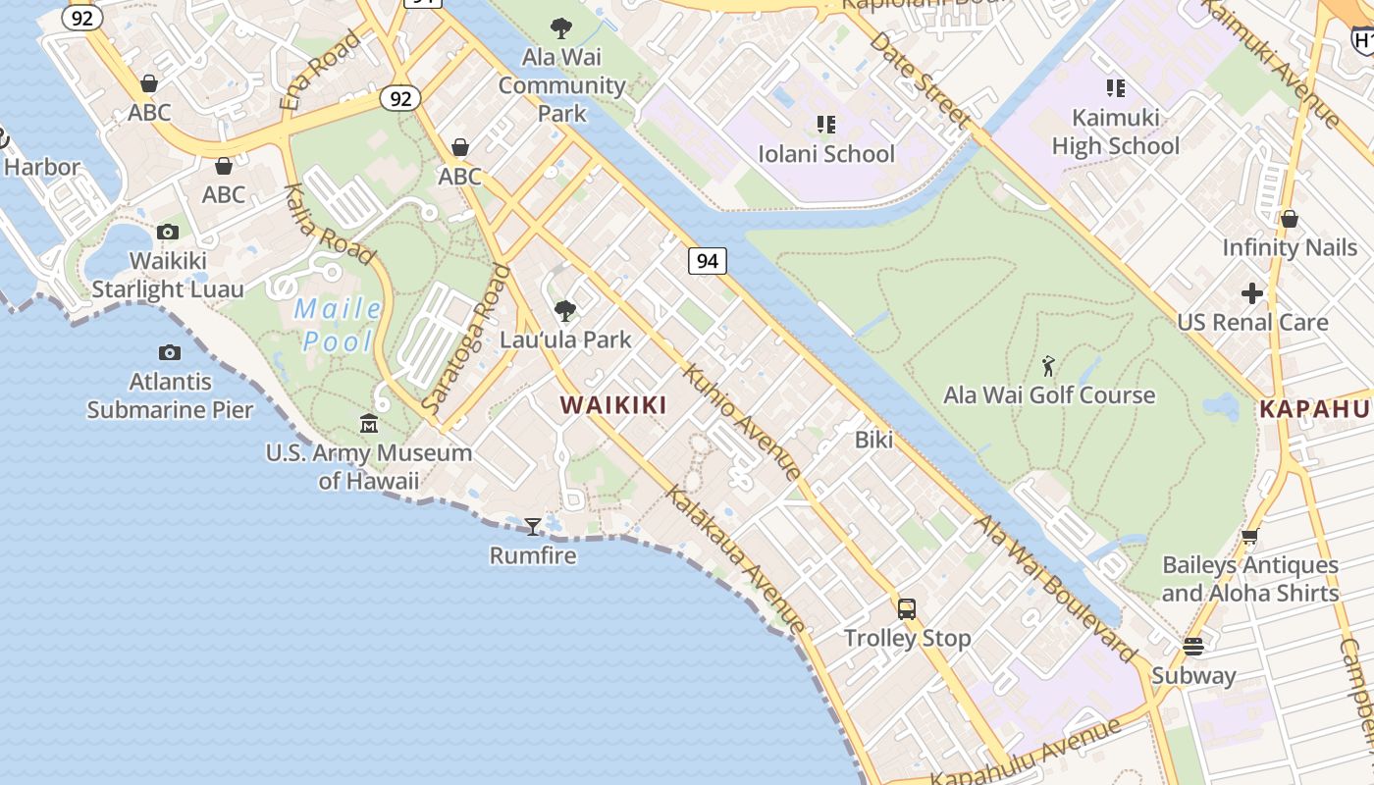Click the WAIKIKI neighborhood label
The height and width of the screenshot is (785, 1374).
pyautogui.click(x=613, y=405)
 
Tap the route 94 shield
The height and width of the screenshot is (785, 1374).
pyautogui.click(x=707, y=260)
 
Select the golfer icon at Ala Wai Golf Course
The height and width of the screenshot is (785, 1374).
pyautogui.click(x=1048, y=367)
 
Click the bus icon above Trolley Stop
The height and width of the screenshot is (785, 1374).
pyautogui.click(x=907, y=608)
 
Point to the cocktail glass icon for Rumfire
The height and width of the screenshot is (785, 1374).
pyautogui.click(x=532, y=527)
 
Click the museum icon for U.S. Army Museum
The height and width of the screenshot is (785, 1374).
pyautogui.click(x=369, y=424)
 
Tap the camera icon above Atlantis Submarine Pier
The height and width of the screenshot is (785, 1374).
pyautogui.click(x=169, y=352)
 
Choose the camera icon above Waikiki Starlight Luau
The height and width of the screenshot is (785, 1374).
pyautogui.click(x=168, y=233)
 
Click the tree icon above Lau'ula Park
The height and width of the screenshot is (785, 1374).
pyautogui.click(x=564, y=311)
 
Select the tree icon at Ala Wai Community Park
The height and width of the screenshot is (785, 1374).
pyautogui.click(x=561, y=28)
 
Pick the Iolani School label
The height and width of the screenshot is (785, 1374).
pyautogui.click(x=826, y=154)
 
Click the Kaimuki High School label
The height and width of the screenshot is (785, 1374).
pyautogui.click(x=1116, y=131)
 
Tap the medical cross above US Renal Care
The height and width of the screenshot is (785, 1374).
pyautogui.click(x=1252, y=292)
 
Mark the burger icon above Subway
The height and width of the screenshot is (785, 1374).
pyautogui.click(x=1193, y=647)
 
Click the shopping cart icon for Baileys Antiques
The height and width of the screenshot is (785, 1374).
pyautogui.click(x=1249, y=536)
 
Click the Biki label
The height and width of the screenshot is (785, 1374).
pyautogui.click(x=873, y=440)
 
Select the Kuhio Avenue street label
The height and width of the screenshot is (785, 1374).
pyautogui.click(x=742, y=422)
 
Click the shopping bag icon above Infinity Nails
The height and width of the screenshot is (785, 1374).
pyautogui.click(x=1289, y=218)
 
